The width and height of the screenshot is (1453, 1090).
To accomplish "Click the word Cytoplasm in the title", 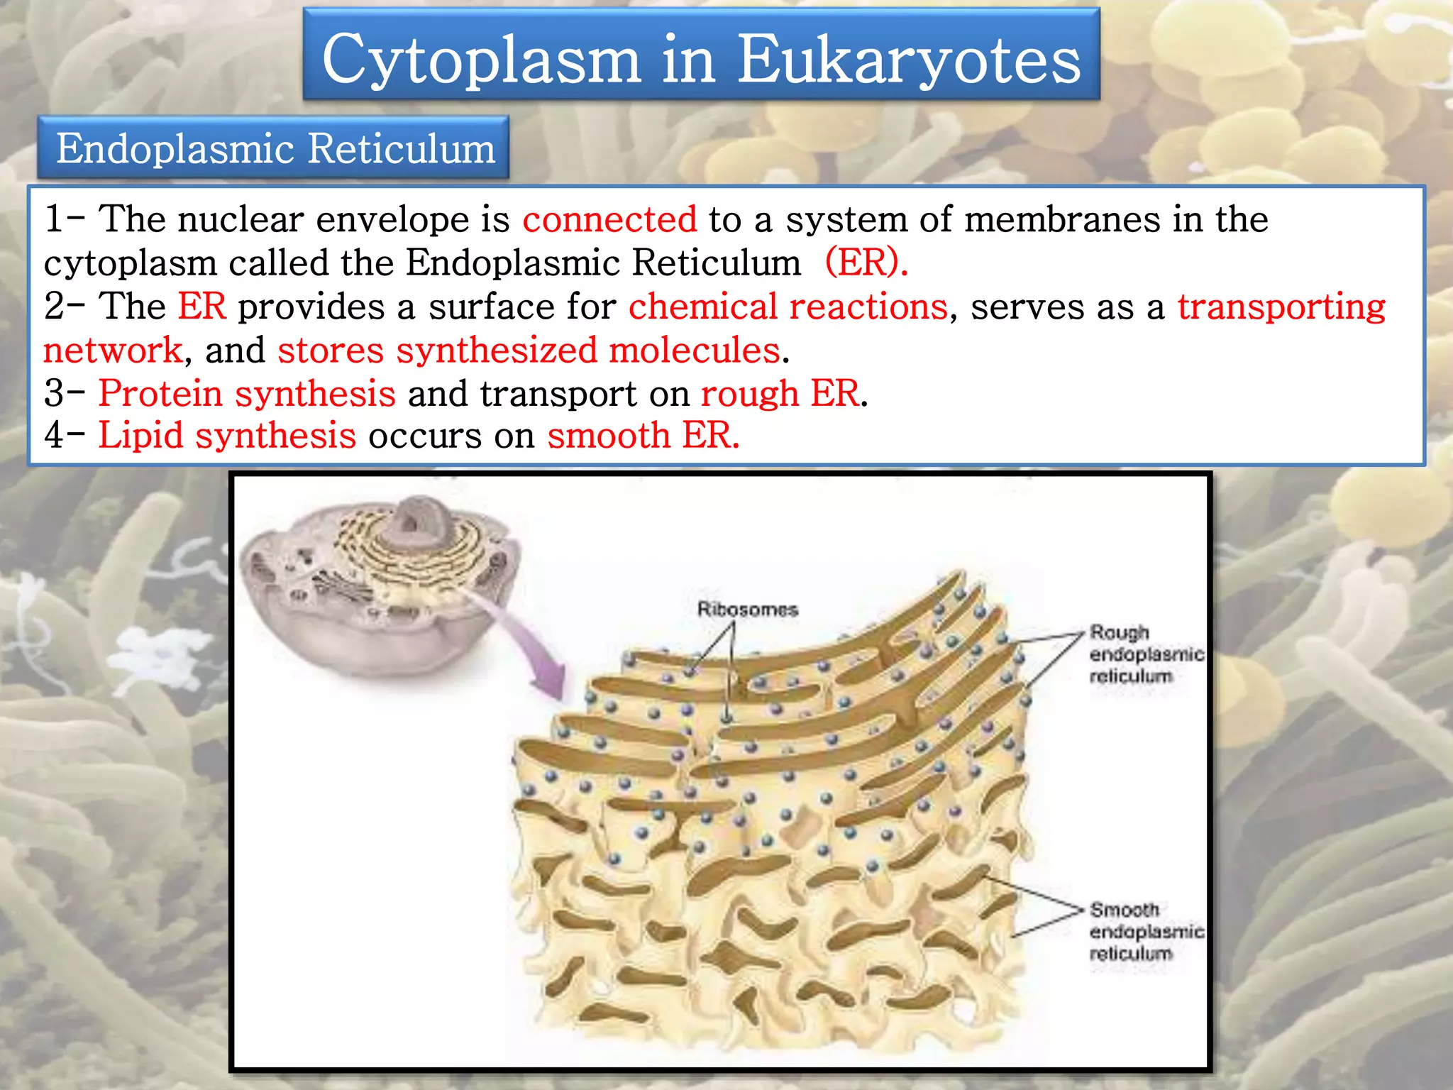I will (482, 60).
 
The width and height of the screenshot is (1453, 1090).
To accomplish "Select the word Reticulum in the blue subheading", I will (402, 149).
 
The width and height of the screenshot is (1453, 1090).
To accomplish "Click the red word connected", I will (609, 219).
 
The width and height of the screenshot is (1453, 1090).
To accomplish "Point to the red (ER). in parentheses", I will (866, 263).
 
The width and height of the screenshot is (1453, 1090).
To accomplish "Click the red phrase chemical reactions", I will (788, 307).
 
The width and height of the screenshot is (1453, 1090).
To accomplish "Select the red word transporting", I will (1281, 307).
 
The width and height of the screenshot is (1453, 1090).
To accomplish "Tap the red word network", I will (113, 350).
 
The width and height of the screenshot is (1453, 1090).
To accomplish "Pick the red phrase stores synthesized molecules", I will (529, 350).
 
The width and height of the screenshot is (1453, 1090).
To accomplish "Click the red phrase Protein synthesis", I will (246, 393).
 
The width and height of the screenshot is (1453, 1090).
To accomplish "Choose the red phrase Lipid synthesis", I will (226, 435).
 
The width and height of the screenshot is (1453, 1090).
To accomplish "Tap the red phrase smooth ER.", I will (643, 435).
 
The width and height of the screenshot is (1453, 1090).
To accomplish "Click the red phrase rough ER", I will (779, 393).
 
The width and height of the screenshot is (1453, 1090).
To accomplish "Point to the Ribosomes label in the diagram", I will (747, 609).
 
